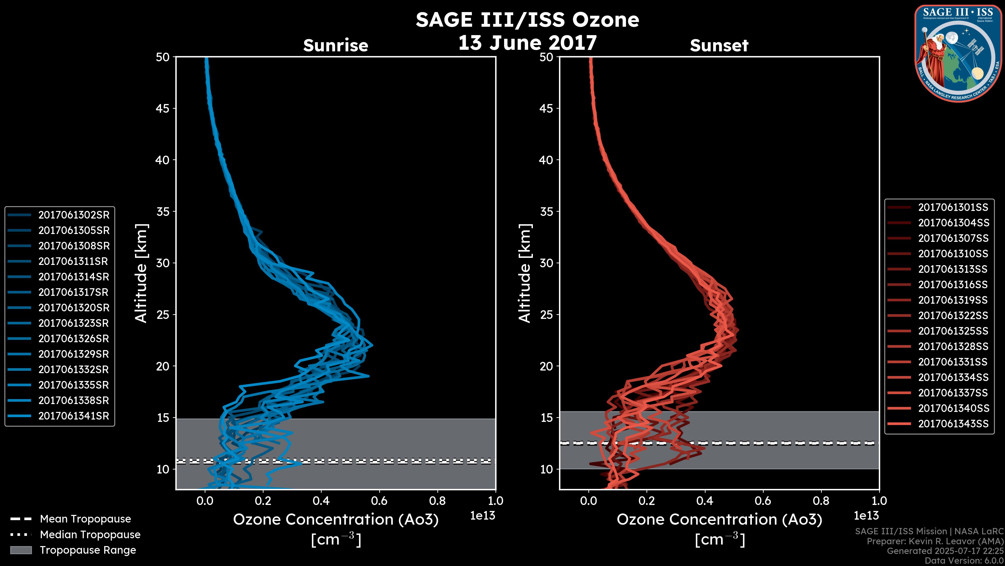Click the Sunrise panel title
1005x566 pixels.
336,46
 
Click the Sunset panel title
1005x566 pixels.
719,46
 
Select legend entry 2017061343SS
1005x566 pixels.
953,423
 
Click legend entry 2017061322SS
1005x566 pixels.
953,315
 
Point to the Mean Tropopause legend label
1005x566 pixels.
85,519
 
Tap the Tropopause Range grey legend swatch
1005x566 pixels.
21,550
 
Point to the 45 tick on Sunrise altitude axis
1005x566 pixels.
163,108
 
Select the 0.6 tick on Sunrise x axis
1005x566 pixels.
379,501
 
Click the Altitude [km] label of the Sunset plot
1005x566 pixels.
525,273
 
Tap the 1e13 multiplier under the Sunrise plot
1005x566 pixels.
483,516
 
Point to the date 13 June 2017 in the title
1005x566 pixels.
527,43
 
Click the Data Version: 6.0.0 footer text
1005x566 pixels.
964,560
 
